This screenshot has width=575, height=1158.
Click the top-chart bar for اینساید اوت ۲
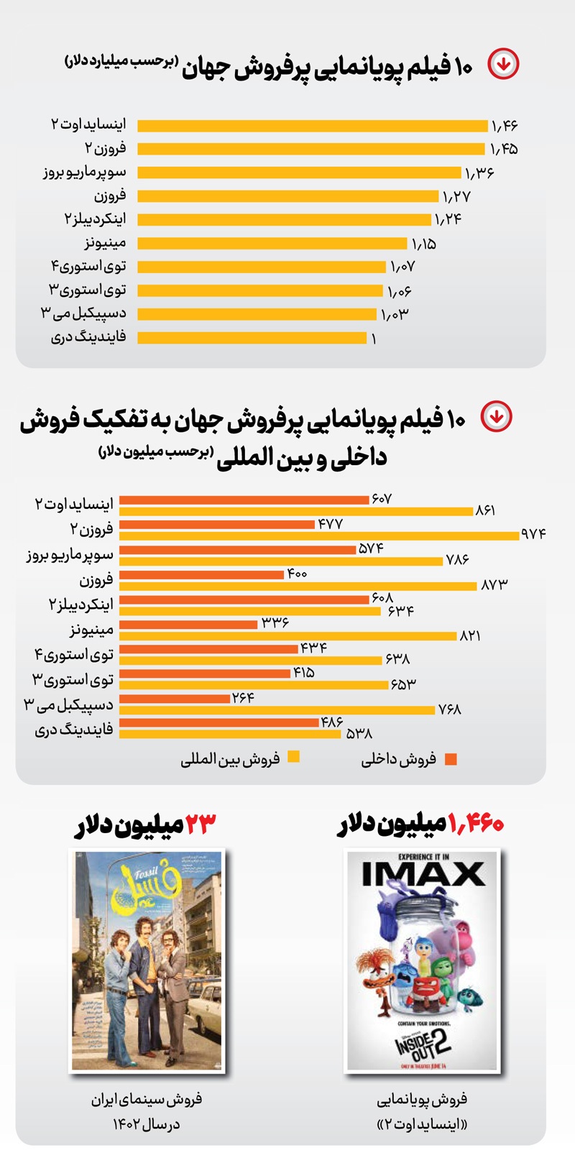click(x=313, y=126)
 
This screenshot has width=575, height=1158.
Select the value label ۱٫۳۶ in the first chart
click(x=479, y=173)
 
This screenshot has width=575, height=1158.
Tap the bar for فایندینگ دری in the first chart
click(x=252, y=338)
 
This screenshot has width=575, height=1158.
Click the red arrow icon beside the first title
click(x=503, y=64)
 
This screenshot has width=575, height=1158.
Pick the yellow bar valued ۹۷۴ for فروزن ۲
click(x=319, y=536)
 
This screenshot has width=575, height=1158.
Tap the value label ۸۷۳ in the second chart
click(x=494, y=585)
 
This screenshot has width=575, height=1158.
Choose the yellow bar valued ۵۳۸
click(x=230, y=735)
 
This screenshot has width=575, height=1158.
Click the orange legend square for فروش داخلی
click(x=451, y=759)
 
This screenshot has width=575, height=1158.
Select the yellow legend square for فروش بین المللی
click(x=293, y=757)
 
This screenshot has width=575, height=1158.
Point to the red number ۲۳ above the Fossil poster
click(x=201, y=824)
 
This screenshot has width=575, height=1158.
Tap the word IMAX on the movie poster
click(x=423, y=874)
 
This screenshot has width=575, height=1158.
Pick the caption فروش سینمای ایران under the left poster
click(x=147, y=1099)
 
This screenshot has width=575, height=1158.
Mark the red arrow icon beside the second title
click(x=496, y=416)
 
